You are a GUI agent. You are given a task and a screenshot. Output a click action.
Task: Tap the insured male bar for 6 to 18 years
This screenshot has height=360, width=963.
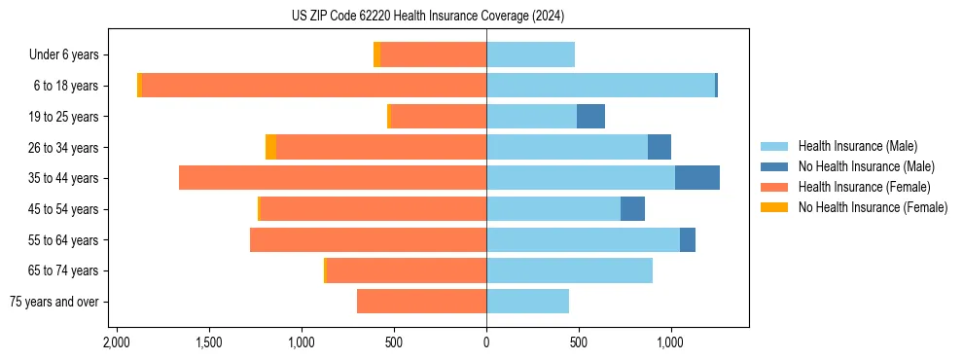pyautogui.click(x=600, y=86)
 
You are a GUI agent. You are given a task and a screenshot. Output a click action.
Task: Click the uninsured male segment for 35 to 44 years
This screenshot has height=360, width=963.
pyautogui.click(x=696, y=178)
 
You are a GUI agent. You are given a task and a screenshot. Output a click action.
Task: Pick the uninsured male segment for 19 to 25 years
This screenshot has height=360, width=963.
pyautogui.click(x=590, y=117)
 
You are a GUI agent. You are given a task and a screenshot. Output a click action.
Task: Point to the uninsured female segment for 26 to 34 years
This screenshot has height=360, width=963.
pyautogui.click(x=270, y=147)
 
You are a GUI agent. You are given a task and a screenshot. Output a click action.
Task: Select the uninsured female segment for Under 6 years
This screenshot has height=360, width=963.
pyautogui.click(x=377, y=54)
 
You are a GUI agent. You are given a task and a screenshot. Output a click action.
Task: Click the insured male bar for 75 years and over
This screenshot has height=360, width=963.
pyautogui.click(x=527, y=302)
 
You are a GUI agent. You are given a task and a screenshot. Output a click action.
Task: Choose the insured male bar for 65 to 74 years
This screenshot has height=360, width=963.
pyautogui.click(x=569, y=270)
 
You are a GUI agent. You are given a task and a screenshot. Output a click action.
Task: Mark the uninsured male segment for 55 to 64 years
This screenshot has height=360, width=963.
pyautogui.click(x=687, y=239)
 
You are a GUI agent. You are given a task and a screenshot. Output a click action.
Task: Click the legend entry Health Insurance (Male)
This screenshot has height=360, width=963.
pyautogui.click(x=857, y=146)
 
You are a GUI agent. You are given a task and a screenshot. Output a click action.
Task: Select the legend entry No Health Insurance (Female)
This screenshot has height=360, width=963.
pyautogui.click(x=873, y=207)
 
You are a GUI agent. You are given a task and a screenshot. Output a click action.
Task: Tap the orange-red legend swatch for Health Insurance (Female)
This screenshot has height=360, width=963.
pyautogui.click(x=774, y=187)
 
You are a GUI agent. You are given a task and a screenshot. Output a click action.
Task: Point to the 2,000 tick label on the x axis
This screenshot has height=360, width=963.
pyautogui.click(x=116, y=342)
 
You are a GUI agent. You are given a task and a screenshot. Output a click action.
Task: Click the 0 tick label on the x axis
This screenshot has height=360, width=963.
pyautogui.click(x=486, y=342)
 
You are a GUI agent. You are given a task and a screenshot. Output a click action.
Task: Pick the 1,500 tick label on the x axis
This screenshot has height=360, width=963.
pyautogui.click(x=209, y=342)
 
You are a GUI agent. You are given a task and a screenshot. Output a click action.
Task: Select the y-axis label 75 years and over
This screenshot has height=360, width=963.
pyautogui.click(x=54, y=302)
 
